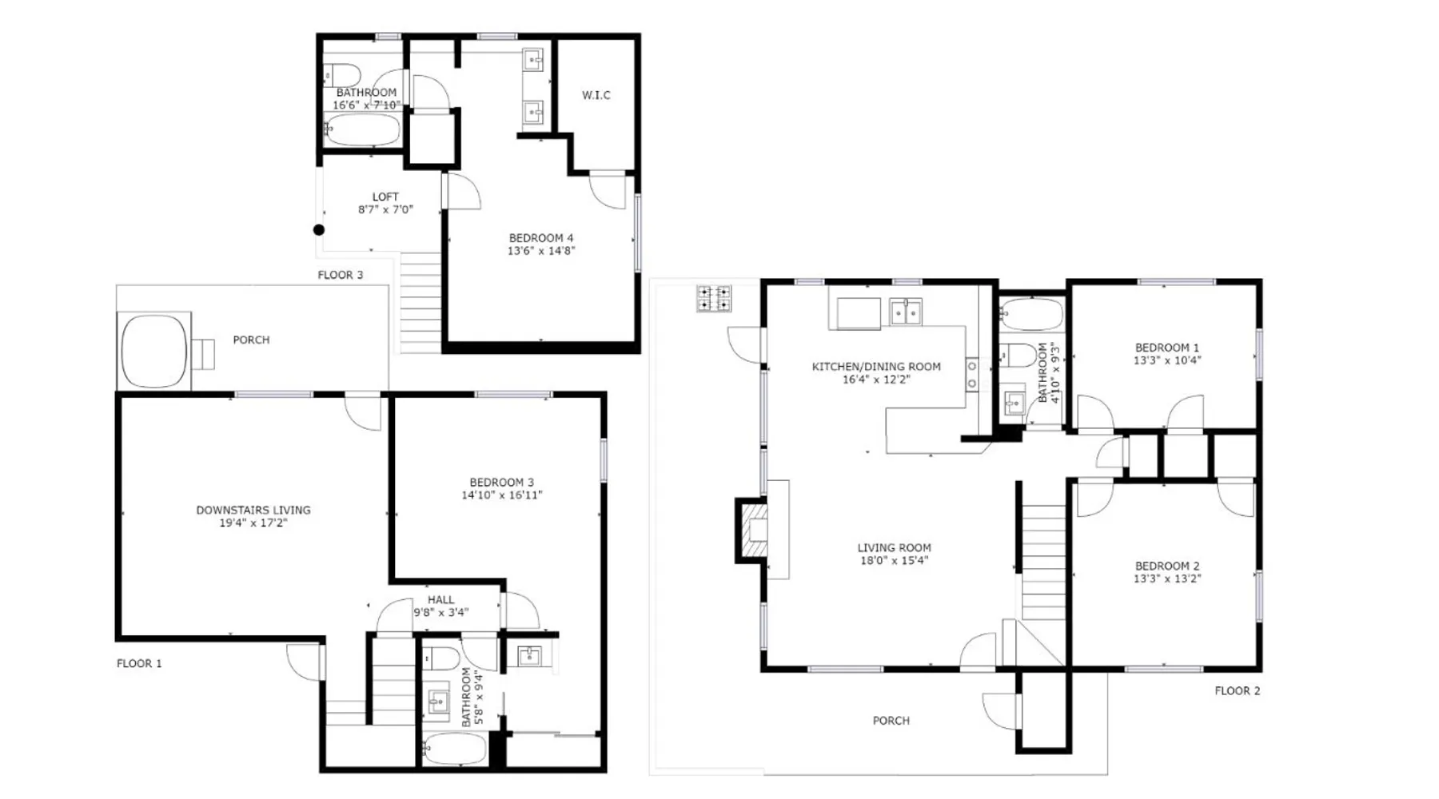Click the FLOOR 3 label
[x=341, y=275]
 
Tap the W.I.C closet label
[x=596, y=95]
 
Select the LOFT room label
[x=385, y=197]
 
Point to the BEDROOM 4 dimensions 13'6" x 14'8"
[x=541, y=251]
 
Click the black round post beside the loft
[x=318, y=230]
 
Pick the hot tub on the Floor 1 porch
[x=154, y=351]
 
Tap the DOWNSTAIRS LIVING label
[x=253, y=510]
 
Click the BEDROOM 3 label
[x=501, y=483]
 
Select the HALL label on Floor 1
[x=440, y=600]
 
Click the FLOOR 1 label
[x=139, y=663]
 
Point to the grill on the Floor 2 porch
[x=714, y=299]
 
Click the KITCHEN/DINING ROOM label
[x=876, y=367]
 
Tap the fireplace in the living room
[x=752, y=531]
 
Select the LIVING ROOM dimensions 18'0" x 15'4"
[x=894, y=561]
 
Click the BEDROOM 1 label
[x=1167, y=348]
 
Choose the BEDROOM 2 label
[x=1167, y=566]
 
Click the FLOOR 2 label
[x=1238, y=691]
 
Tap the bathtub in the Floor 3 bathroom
[x=362, y=130]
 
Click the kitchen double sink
[x=906, y=312]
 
